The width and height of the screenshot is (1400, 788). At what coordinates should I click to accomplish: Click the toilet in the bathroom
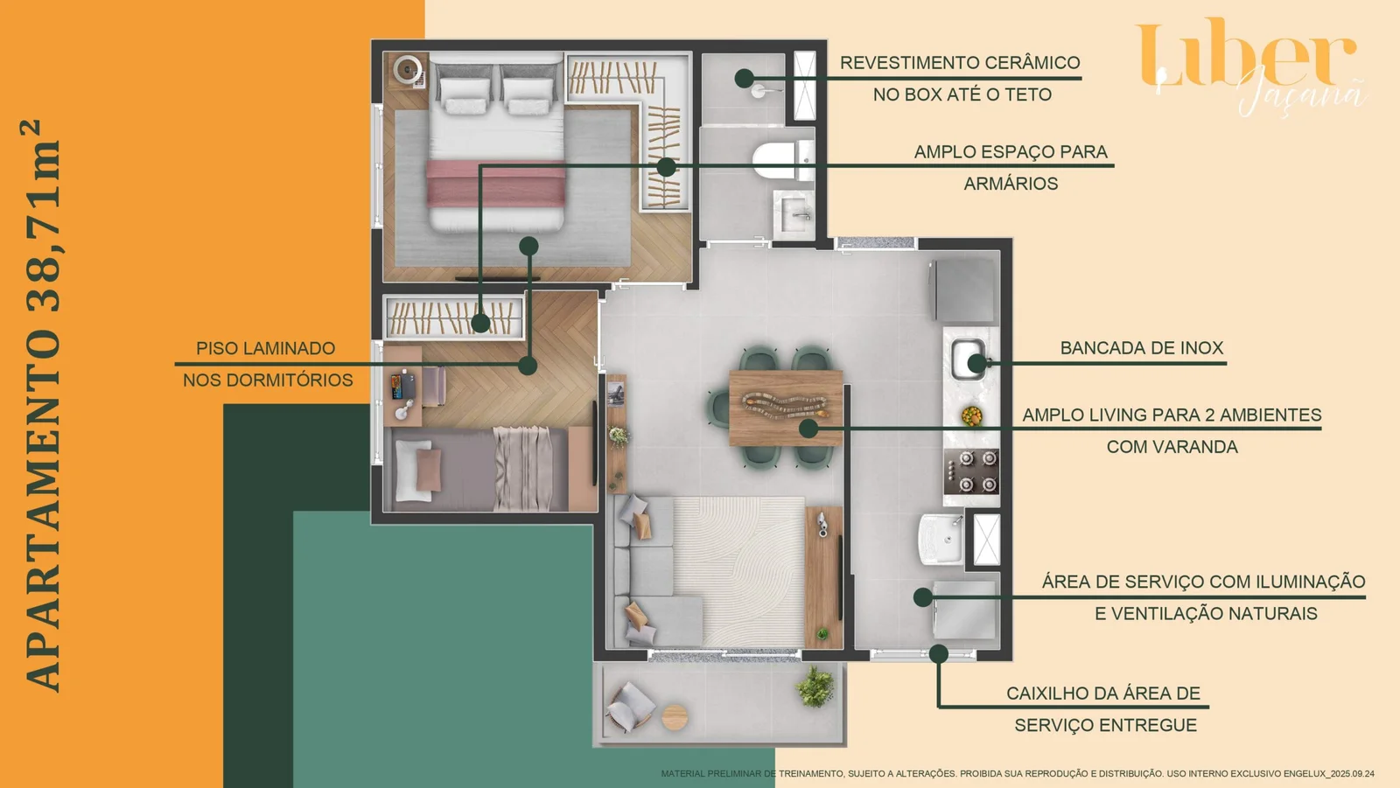point(773,161)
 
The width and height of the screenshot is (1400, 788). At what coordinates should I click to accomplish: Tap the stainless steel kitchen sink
point(967,359)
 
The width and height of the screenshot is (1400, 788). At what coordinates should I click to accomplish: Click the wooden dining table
point(785,408)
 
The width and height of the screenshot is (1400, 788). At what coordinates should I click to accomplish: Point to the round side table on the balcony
point(675,717)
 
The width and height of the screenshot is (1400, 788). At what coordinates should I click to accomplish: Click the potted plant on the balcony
point(815,687)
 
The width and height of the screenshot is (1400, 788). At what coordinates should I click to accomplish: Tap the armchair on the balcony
point(629,708)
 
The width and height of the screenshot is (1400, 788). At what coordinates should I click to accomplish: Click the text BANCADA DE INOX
point(1141,348)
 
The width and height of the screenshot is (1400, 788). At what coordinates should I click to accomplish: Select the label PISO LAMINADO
point(265,348)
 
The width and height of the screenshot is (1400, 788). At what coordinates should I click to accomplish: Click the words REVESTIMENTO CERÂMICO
point(959,63)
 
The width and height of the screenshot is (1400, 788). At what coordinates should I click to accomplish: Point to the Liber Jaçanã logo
point(1249,66)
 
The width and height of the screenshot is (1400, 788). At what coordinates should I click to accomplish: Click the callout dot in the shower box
point(744,78)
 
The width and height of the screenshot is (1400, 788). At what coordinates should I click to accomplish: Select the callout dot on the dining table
point(808,429)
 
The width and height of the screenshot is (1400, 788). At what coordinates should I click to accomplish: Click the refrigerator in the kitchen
point(965,289)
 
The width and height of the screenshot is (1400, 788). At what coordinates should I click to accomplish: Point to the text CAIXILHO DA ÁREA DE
point(1102,694)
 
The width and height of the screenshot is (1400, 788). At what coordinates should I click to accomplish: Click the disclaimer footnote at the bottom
point(1017,774)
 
